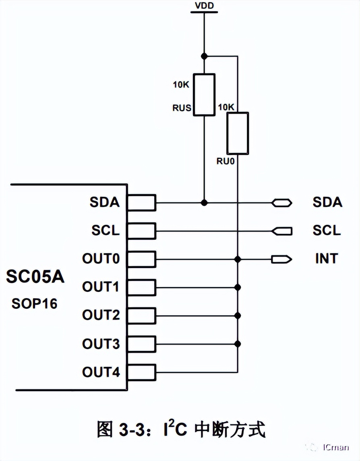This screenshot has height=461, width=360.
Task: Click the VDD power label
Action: pos(204,6)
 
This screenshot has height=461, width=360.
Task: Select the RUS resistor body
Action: pos(204,95)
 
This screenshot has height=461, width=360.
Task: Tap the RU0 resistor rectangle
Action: pos(238,133)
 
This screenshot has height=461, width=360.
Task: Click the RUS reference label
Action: pos(182,108)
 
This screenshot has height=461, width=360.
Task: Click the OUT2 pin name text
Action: pos(101,315)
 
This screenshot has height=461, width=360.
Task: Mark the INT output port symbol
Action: pos(281,259)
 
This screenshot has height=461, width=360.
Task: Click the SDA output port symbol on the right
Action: pos(281,202)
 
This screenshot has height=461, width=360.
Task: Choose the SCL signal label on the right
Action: pos(327,230)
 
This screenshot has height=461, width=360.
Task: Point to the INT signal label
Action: pos(327,258)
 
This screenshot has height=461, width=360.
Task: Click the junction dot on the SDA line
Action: pos(204,202)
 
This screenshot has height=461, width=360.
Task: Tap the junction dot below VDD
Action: pos(204,56)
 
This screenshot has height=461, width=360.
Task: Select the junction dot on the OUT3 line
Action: pos(238,344)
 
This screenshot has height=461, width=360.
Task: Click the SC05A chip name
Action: pos(35,277)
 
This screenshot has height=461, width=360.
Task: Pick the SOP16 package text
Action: pos(34,303)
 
